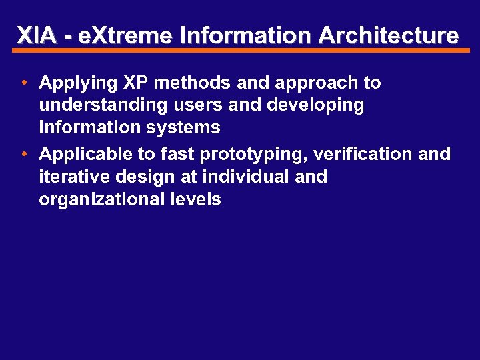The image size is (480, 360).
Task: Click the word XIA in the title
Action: (x=36, y=35)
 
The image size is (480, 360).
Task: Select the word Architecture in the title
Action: (x=389, y=35)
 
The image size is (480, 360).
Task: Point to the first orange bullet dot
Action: (x=23, y=83)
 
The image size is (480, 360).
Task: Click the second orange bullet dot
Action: (x=23, y=154)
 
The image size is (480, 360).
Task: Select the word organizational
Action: (x=99, y=199)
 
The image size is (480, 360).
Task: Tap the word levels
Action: (x=194, y=199)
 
